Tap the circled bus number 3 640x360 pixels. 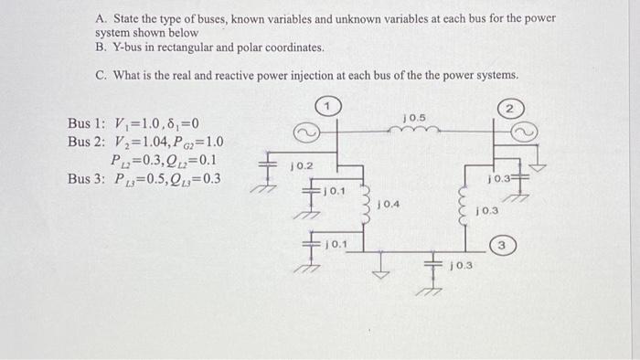[501, 245]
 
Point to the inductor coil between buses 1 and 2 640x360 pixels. [418, 131]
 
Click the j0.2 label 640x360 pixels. [302, 166]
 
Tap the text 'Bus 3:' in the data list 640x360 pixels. [86, 178]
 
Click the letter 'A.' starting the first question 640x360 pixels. [101, 17]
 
